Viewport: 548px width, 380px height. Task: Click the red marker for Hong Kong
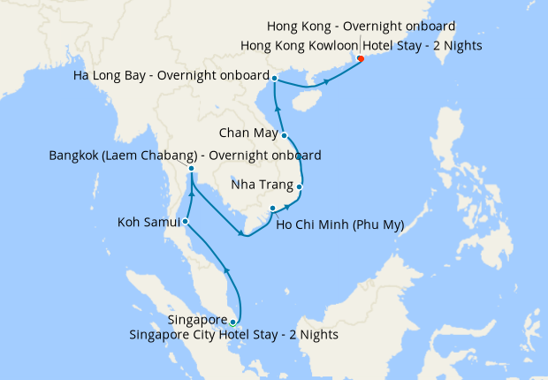point(360,60)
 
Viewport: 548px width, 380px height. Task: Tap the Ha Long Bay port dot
point(275,79)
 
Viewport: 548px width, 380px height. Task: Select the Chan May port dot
point(284,135)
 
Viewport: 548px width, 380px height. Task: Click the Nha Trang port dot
point(300,186)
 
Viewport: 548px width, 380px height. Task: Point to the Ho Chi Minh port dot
point(272,209)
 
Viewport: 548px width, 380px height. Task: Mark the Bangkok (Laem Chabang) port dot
point(192,169)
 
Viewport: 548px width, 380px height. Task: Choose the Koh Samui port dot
point(185,221)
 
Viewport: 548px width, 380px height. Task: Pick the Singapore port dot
point(232,322)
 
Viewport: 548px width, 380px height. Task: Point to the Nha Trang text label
point(262,186)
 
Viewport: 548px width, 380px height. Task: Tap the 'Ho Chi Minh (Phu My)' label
point(339,224)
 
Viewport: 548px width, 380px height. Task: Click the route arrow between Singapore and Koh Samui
point(226,270)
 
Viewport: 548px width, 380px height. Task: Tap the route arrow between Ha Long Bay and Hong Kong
point(327,82)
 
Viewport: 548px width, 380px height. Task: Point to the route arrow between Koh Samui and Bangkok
point(192,192)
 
